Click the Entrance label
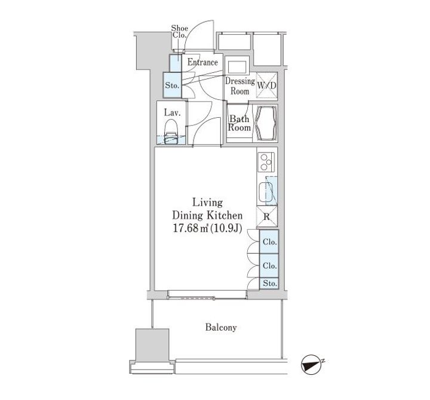202,62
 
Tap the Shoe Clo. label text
179,32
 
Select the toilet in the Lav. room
171,131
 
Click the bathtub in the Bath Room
265,123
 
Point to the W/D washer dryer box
266,85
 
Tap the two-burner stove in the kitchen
266,162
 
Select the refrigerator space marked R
267,216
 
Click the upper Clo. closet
269,242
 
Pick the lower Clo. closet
269,265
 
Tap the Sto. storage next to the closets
269,283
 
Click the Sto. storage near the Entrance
172,85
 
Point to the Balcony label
221,327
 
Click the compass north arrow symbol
312,365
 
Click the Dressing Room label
240,86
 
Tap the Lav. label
172,112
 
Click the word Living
207,203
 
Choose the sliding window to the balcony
207,294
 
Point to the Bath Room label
239,123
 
